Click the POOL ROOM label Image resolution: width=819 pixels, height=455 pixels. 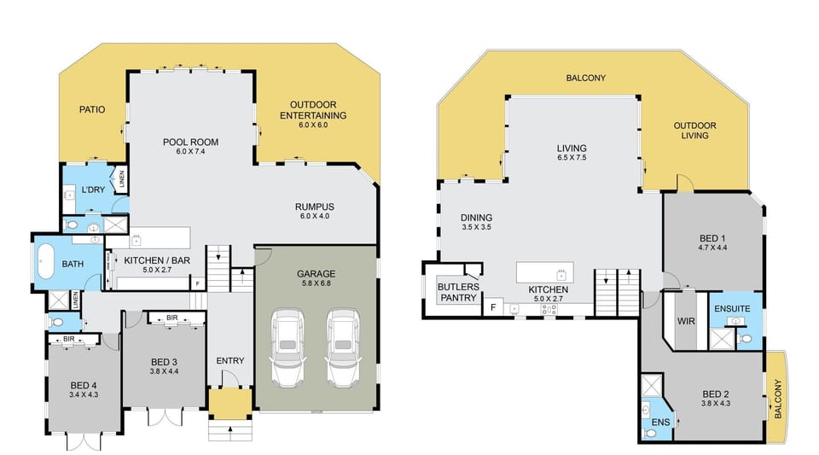tap(190, 142)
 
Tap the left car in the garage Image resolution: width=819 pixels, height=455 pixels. tap(287, 347)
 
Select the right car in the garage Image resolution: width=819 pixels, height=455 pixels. tap(343, 347)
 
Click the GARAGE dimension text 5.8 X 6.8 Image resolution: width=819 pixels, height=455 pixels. tap(316, 283)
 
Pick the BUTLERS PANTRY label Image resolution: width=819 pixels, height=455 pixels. tap(459, 293)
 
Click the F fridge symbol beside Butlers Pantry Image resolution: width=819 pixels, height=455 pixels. tap(493, 307)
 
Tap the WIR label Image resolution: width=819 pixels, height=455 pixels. tap(686, 321)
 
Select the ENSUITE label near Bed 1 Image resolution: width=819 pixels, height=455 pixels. tap(732, 309)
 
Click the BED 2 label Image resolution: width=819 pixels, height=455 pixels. tap(716, 394)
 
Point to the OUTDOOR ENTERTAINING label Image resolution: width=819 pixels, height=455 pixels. tap(313, 110)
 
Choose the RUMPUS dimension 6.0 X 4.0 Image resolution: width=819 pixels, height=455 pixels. tap(315, 216)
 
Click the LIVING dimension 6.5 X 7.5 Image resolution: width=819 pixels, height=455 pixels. tap(572, 158)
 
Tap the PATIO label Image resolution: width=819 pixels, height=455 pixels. tap(92, 110)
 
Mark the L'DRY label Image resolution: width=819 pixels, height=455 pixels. tap(94, 190)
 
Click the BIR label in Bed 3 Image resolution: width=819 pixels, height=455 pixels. tap(171, 318)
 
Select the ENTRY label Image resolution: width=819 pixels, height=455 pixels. tap(230, 361)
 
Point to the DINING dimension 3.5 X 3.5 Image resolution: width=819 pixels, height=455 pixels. tap(476, 227)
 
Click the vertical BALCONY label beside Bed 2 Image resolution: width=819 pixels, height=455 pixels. tap(778, 400)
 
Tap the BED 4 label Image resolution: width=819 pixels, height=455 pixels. tap(84, 386)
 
